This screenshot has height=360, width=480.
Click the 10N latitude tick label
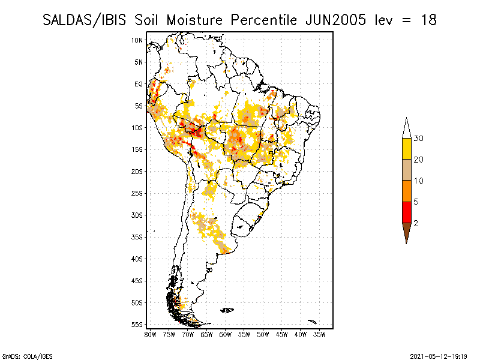137,40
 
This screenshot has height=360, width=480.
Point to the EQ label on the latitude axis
139,84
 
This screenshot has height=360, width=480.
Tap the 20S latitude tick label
137,171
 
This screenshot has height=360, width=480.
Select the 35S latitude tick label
137,237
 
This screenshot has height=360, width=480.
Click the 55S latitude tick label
137,325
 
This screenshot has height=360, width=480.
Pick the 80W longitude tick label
150,334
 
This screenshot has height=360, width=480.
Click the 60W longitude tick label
226,334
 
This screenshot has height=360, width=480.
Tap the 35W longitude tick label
320,334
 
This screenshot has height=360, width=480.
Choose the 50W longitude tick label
263,334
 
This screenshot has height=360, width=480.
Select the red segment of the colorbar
406,212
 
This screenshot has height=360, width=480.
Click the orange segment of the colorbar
406,191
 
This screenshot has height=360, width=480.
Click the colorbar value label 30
419,139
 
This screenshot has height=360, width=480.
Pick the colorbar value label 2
416,223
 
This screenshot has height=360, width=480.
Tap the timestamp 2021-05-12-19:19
439,355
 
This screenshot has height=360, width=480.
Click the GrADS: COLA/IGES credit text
22,355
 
